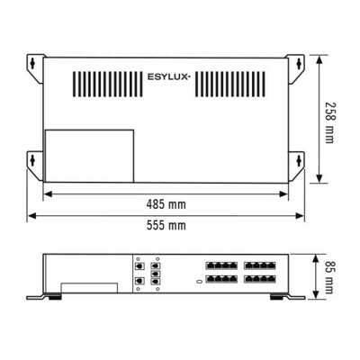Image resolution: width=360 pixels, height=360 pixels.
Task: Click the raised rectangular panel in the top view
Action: tap(89, 155)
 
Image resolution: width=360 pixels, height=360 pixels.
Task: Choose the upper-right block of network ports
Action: tap(260, 266)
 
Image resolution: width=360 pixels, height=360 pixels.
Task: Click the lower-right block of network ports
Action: tap(260, 280)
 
